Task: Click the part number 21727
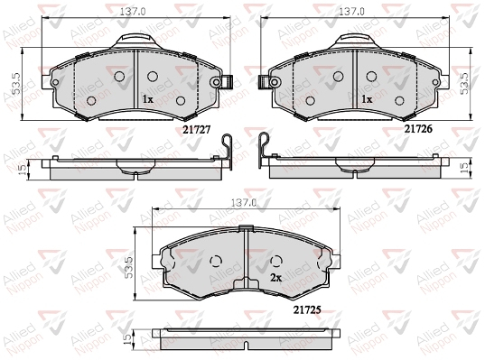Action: (x=196, y=130)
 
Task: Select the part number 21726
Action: (x=418, y=129)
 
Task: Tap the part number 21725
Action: (x=307, y=309)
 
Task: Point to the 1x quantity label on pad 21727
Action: (x=148, y=99)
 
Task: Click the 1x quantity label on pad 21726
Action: (x=368, y=99)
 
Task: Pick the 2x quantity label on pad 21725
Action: (x=275, y=278)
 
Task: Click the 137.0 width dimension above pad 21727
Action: (x=133, y=12)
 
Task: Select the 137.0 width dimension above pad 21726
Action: (x=351, y=12)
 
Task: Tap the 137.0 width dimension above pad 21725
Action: (x=245, y=203)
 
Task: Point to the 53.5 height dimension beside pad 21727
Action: (x=16, y=83)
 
